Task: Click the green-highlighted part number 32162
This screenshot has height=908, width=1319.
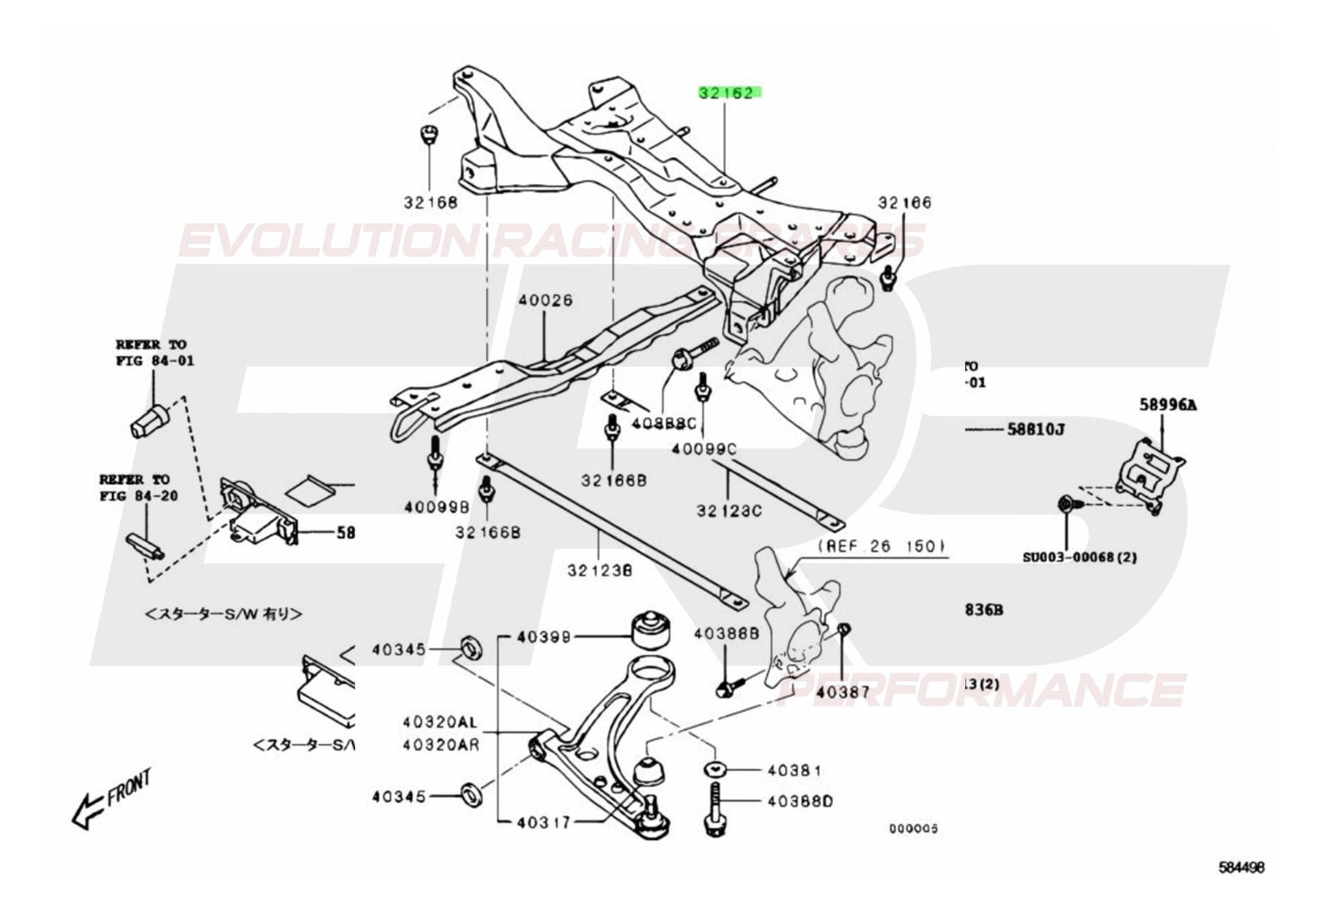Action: [730, 93]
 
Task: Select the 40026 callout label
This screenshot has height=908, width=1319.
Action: [546, 301]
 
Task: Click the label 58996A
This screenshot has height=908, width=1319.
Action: [1167, 404]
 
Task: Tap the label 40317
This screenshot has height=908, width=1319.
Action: [543, 822]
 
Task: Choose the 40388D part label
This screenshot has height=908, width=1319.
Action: [800, 801]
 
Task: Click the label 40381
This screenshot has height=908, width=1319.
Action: [795, 770]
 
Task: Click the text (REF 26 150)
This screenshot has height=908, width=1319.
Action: [882, 546]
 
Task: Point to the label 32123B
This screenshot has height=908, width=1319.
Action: [599, 569]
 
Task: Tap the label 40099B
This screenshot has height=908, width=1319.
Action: [435, 506]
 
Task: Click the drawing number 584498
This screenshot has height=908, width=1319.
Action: [1241, 888]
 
